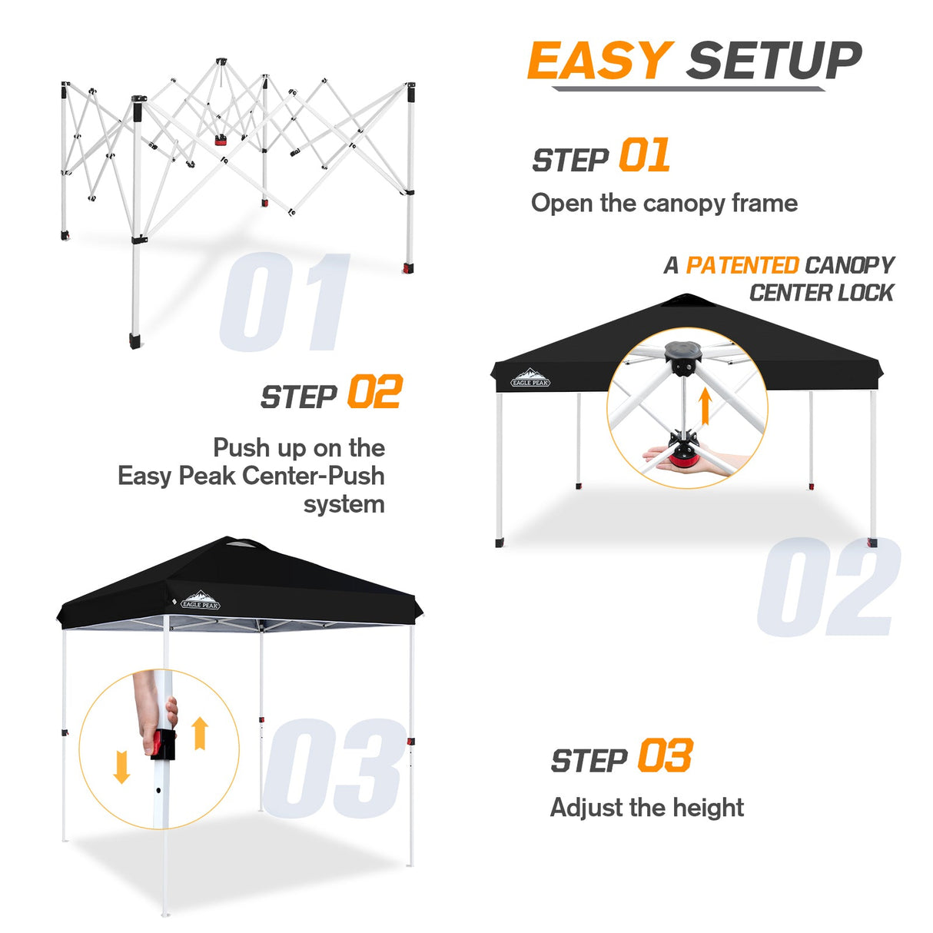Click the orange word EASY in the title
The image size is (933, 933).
click(x=600, y=61)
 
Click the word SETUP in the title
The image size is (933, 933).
click(x=774, y=61)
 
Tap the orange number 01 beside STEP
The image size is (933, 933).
click(x=644, y=156)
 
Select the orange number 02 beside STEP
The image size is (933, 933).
click(x=374, y=392)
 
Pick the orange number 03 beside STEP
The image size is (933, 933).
click(x=665, y=755)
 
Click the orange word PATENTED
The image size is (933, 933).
click(x=742, y=265)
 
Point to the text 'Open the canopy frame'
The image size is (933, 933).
click(x=664, y=203)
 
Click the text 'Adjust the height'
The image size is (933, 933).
click(x=646, y=807)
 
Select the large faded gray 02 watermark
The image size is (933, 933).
click(x=828, y=587)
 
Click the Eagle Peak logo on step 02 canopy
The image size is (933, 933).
click(x=530, y=379)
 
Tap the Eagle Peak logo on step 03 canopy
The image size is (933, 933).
click(x=201, y=600)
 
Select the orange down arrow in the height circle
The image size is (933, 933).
click(x=121, y=767)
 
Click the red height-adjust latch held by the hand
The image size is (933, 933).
click(x=161, y=744)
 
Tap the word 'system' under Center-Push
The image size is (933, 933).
click(x=344, y=504)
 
